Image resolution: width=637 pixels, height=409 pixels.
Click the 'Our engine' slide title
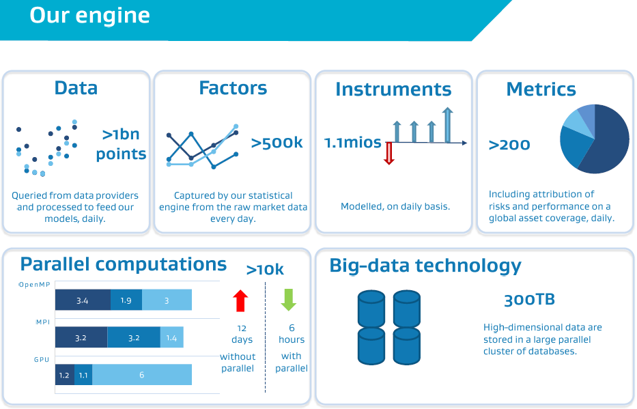(x=90, y=16)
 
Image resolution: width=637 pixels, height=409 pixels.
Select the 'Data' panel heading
(x=76, y=87)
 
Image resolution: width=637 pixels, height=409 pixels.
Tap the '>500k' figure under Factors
(x=277, y=143)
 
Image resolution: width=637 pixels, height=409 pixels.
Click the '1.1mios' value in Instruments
(x=352, y=143)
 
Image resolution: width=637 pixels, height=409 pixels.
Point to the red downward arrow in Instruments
(x=388, y=153)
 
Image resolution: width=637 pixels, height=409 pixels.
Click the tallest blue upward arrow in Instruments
(x=448, y=125)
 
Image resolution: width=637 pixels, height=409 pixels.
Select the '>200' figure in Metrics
(x=509, y=145)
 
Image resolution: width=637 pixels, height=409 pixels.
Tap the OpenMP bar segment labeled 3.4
(x=83, y=300)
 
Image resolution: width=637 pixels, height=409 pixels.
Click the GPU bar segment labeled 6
(x=142, y=374)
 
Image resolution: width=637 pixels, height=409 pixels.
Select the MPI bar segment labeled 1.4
(x=172, y=337)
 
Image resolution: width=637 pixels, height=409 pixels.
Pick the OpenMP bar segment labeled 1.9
(x=126, y=300)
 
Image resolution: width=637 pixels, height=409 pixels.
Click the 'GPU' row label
(x=42, y=359)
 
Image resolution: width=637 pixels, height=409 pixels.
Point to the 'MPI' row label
(x=43, y=322)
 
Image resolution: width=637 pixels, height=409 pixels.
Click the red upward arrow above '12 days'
(x=240, y=300)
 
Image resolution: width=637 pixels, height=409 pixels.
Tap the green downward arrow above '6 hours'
(x=288, y=300)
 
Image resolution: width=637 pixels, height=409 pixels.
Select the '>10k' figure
(x=265, y=270)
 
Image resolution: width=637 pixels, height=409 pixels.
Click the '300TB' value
(x=529, y=300)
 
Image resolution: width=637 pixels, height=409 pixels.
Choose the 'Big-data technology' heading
(x=425, y=266)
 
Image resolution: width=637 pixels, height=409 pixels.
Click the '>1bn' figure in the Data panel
(x=121, y=134)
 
